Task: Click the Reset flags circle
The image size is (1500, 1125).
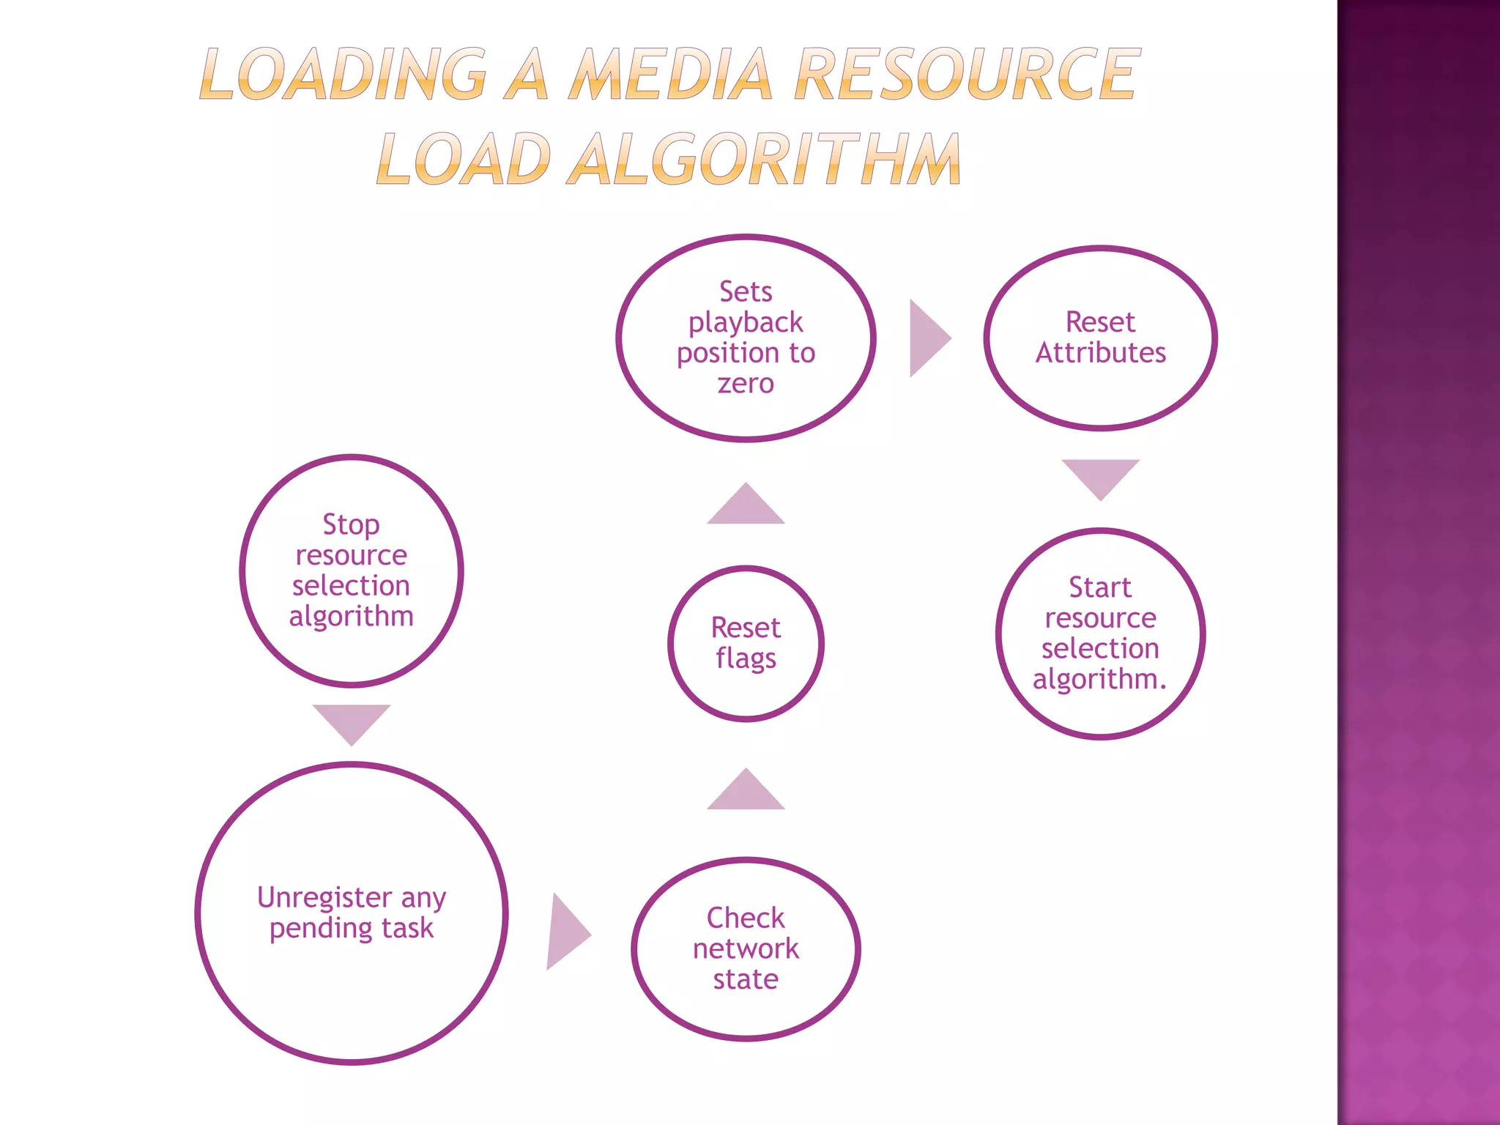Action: coord(746,643)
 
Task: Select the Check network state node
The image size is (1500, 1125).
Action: coord(746,948)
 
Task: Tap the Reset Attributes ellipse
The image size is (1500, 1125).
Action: coord(1100,338)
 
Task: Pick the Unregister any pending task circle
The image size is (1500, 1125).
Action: coord(352,913)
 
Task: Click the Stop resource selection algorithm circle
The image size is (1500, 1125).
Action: coord(352,570)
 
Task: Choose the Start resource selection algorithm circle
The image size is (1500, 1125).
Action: coord(1100,634)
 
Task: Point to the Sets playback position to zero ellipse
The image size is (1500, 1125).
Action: coord(746,338)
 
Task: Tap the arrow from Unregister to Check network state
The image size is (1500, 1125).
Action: coord(565,932)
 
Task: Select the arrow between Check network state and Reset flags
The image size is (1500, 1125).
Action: coord(746,793)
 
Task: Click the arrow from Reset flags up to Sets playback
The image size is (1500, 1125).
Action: coord(746,507)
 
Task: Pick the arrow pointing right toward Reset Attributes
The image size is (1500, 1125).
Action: coord(927,338)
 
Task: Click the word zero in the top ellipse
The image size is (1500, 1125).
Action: coord(746,384)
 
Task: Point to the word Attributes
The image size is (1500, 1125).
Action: coord(1100,353)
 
